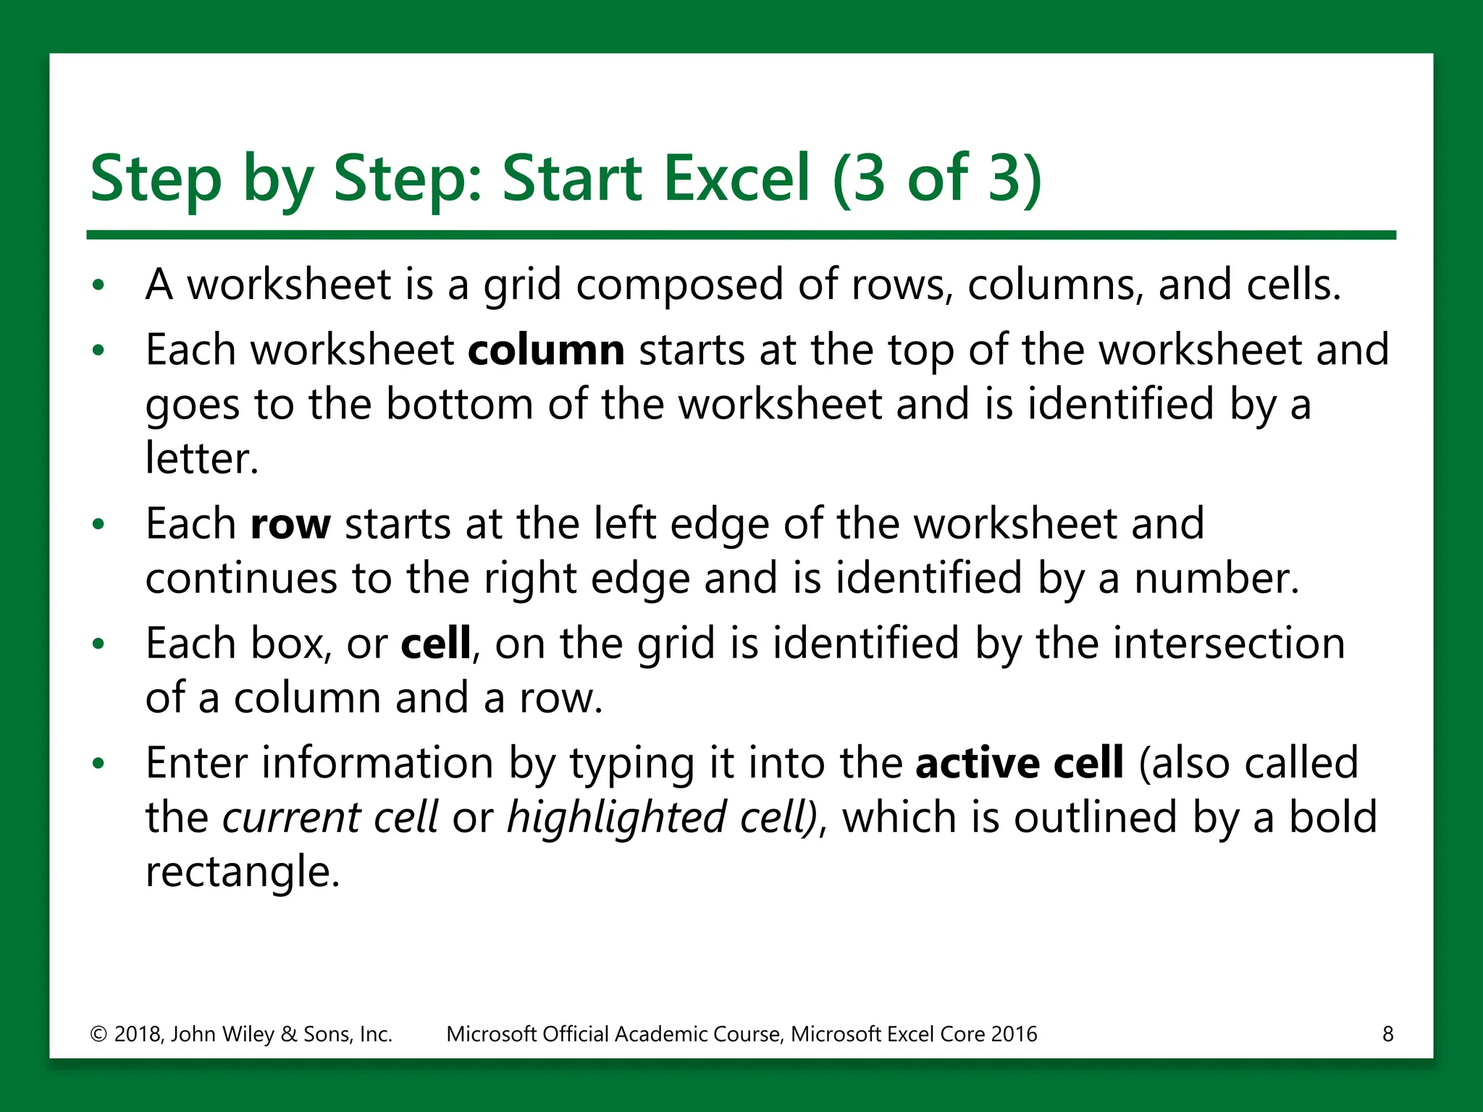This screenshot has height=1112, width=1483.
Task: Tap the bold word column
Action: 546,350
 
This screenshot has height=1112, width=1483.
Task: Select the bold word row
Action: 290,524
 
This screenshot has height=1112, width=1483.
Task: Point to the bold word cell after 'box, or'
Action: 435,644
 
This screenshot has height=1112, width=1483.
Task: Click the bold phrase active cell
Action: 1020,763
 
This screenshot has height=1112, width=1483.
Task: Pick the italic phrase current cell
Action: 329,818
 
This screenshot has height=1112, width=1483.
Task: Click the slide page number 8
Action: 1387,1034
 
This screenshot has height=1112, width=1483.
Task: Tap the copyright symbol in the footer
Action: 98,1034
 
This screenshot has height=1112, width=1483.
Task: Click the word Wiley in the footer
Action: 246,1034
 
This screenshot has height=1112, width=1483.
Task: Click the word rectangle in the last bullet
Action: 242,872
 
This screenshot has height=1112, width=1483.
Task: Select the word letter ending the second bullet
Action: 201,459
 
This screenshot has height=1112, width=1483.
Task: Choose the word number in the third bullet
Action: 1216,578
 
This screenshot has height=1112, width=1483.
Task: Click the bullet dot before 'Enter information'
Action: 99,764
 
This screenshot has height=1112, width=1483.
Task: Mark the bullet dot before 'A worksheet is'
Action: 99,285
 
